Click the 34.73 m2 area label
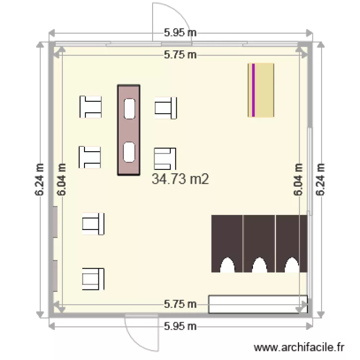coord(180,179)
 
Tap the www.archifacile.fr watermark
coord(299,348)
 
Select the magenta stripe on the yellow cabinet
coord(253,90)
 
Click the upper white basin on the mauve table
coord(130,108)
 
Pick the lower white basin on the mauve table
coord(129,152)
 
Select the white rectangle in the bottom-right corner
coord(258,304)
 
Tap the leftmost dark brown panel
coord(227,244)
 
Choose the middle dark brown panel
coord(259,244)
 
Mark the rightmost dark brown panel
coord(291,244)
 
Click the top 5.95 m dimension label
coord(180,33)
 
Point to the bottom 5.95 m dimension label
coord(180,326)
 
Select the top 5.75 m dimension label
coord(180,55)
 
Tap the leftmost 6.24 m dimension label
coord(39,180)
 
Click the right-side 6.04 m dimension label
coord(298,180)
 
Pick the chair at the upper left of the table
coord(90,107)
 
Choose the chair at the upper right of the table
coord(166,108)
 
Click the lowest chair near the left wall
coord(93,279)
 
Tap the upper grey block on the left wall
coord(55,222)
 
